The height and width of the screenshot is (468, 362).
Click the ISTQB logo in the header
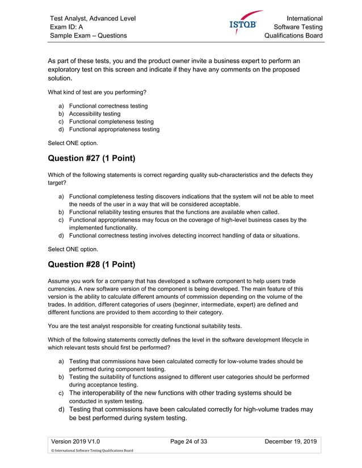[x=243, y=24]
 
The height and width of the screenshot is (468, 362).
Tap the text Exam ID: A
[x=66, y=27]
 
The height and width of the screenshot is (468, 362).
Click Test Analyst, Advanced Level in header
[x=92, y=18]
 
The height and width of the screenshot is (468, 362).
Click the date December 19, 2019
[x=291, y=441]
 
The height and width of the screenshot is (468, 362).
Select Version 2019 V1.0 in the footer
[x=75, y=441]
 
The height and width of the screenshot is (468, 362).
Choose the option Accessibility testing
[x=95, y=113]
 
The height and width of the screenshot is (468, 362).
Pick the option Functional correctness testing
[x=108, y=105]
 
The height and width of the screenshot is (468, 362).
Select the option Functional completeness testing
[x=111, y=121]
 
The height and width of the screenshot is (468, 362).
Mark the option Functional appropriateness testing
[x=114, y=129]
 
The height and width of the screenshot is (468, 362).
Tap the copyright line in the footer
[x=92, y=451]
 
